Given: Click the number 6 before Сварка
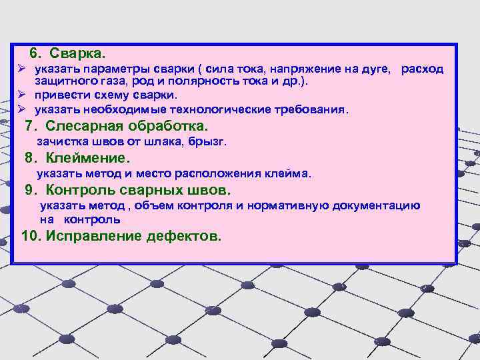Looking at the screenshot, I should pos(35,52).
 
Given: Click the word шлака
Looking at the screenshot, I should pos(172,142).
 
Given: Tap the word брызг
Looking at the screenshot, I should pos(211,142).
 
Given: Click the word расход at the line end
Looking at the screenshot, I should pos(422,69).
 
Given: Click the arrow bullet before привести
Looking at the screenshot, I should pos(21,95).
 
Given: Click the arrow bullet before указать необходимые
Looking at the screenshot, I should pos(21,109).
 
